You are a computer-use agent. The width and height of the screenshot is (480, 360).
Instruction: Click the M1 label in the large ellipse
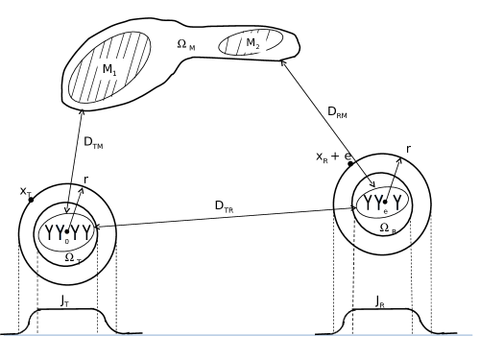pos(109,70)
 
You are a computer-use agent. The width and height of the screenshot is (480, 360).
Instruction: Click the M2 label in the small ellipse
pos(252,43)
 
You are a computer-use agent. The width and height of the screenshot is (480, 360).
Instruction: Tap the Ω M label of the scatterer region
pos(186,45)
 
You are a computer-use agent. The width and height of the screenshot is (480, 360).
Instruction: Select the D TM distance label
pos(93,143)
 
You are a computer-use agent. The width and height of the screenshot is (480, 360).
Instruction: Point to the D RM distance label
pos(337,112)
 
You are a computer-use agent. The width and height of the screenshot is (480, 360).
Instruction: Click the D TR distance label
pos(224,206)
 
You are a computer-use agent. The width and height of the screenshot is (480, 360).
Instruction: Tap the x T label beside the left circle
pos(26,192)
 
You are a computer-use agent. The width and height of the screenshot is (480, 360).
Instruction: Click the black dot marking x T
pos(31,200)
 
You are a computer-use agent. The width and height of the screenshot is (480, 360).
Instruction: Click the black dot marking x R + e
pos(350,164)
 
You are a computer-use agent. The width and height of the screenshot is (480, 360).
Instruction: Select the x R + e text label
pos(334,156)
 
